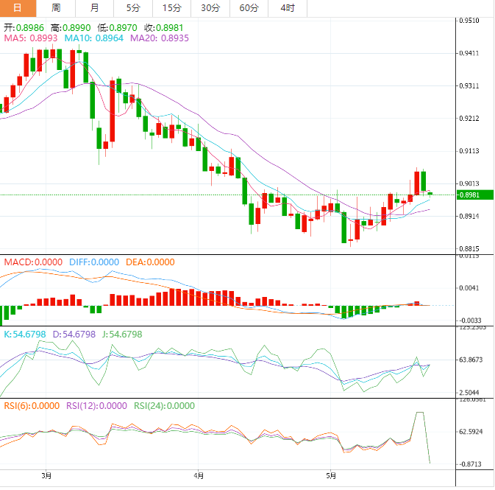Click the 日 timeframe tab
(x=18, y=8)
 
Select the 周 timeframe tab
(x=56, y=8)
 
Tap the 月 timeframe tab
(x=94, y=8)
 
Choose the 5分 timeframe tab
(x=132, y=8)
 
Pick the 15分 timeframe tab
(x=171, y=8)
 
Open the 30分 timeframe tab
(x=210, y=8)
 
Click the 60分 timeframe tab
(x=249, y=8)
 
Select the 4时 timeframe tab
(x=288, y=8)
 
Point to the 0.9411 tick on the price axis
(x=469, y=53)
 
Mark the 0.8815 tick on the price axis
(x=469, y=248)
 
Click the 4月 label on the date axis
(x=199, y=475)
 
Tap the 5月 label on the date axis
(x=332, y=475)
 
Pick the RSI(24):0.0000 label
(x=164, y=405)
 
